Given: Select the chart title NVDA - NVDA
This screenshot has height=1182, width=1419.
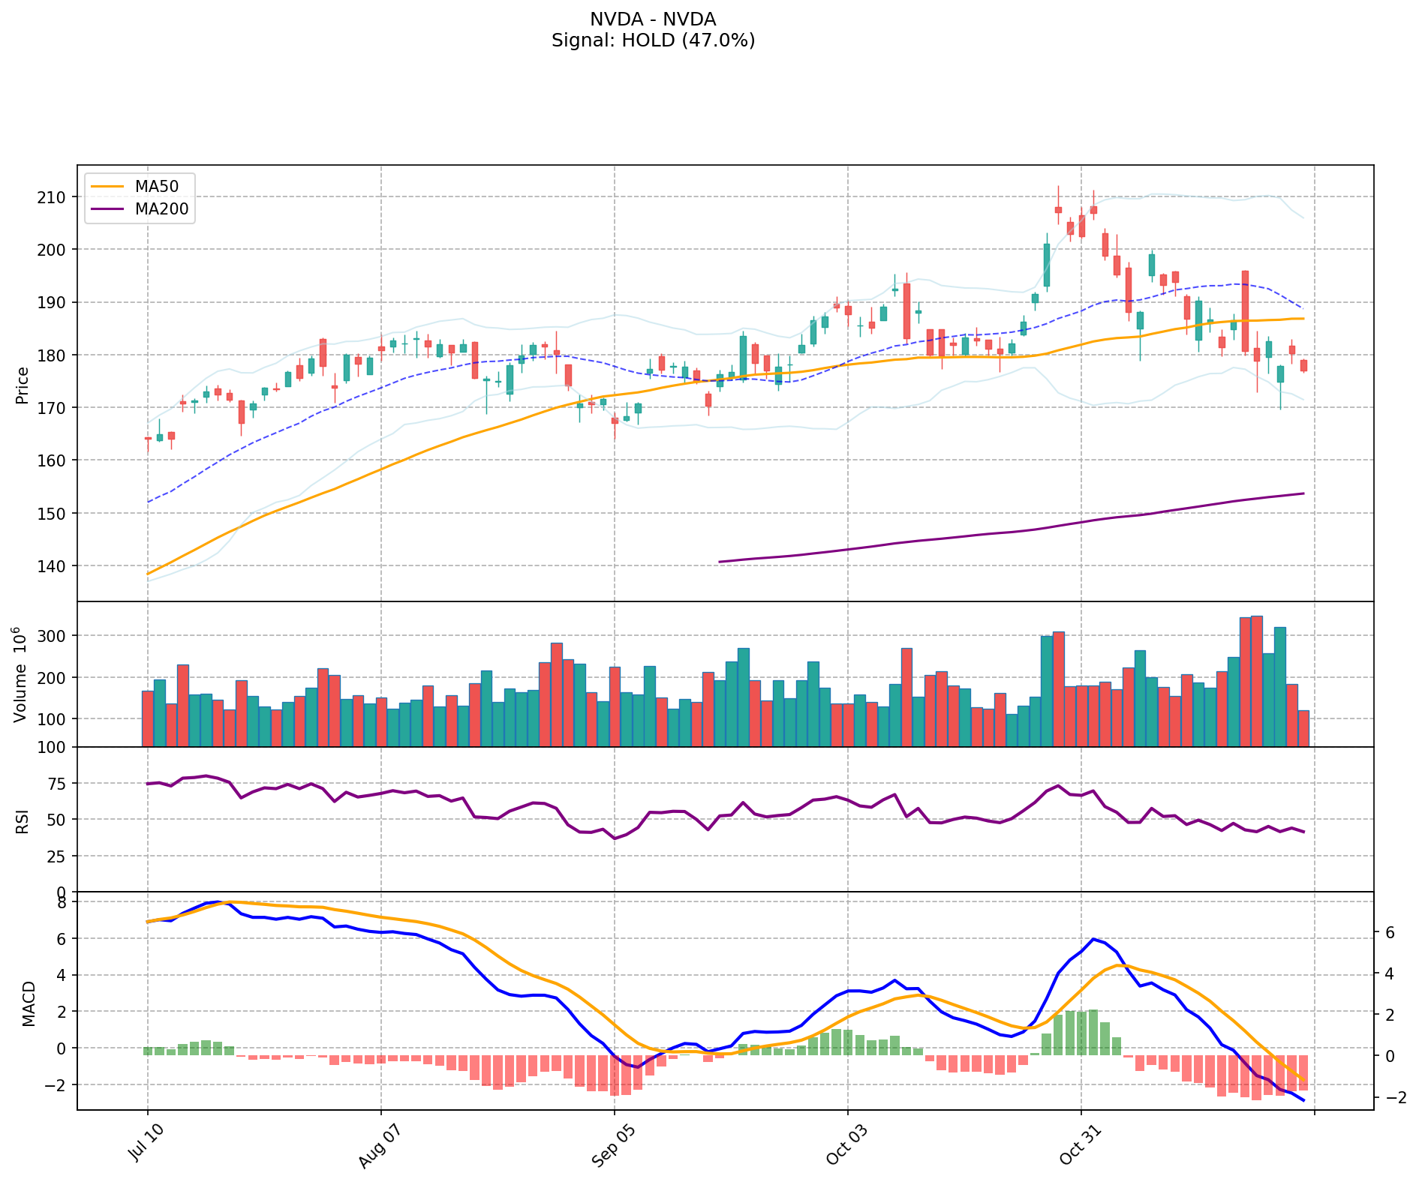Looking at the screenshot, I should coord(653,19).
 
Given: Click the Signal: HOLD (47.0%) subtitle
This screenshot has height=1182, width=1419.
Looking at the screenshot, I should coord(653,40).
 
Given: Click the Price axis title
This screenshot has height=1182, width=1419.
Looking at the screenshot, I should coord(23,385).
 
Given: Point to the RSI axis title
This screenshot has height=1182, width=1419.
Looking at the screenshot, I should coord(23,820).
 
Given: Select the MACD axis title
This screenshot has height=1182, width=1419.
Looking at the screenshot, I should coord(29,1003).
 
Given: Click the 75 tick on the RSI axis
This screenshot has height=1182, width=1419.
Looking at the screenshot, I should coord(60,784).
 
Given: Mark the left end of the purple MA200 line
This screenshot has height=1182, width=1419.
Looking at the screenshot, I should coord(719,562).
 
